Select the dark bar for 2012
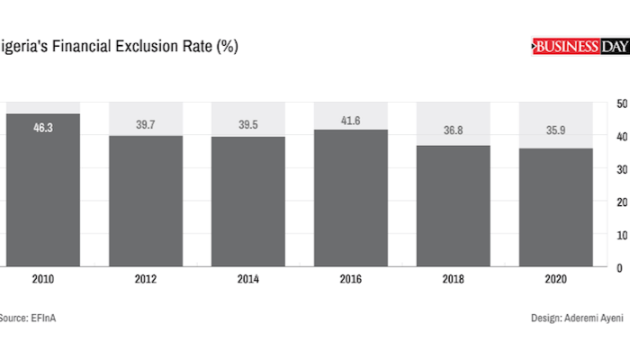[x=146, y=202]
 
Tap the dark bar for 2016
[x=351, y=200]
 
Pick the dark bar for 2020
[x=555, y=209]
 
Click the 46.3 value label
[x=43, y=129]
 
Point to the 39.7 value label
[x=146, y=123]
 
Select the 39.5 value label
[x=248, y=124]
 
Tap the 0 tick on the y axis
[x=620, y=268]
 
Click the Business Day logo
[x=580, y=46]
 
